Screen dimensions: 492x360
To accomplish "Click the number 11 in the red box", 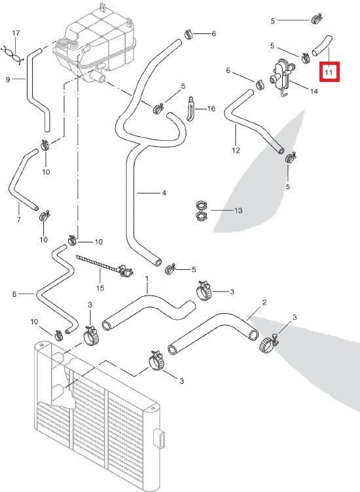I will pos(329,71).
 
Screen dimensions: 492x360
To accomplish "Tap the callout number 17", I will pos(16,33).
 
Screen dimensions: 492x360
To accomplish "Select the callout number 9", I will pos(8,80).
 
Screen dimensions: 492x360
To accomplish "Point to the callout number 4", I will pos(164,193).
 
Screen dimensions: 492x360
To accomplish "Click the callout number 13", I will pos(238,210).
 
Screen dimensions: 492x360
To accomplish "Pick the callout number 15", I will pos(100,287).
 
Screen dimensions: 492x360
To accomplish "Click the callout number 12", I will pos(236,149).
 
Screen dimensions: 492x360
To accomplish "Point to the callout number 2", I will pos(263,303).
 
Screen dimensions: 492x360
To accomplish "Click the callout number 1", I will pos(147,278).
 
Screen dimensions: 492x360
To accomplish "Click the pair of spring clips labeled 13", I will pos(202,210).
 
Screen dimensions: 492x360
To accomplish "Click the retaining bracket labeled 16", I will pos(190,109).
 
